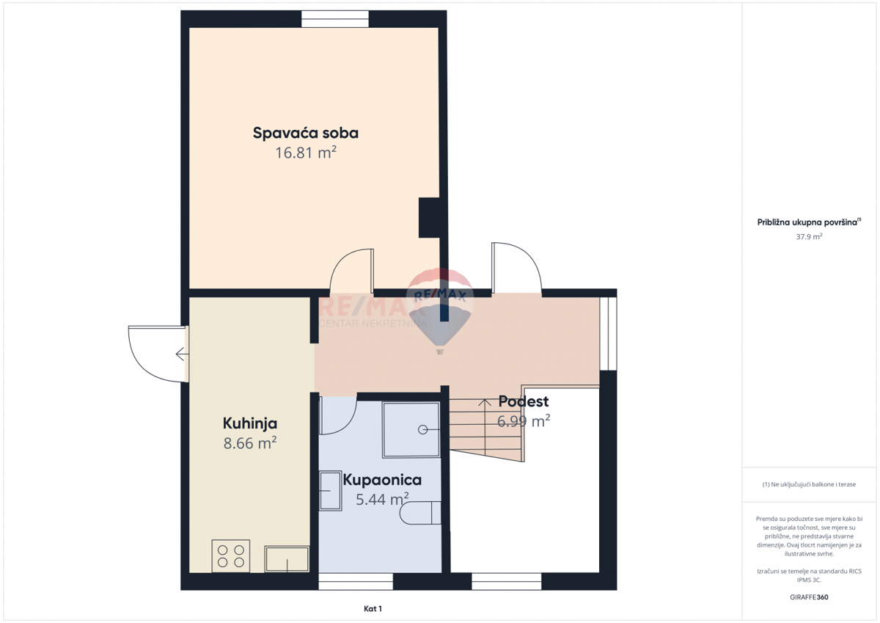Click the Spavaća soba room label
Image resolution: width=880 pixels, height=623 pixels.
click(305, 134)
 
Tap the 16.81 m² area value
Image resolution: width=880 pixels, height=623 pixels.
click(305, 153)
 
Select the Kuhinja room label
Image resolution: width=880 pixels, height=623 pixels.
click(249, 423)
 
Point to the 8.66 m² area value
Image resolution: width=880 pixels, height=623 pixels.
click(249, 442)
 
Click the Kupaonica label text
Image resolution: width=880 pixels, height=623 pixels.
click(381, 481)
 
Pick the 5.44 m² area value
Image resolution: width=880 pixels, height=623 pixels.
click(381, 500)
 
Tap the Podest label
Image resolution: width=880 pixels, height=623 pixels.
click(523, 401)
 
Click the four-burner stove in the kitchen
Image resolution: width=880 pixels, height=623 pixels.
click(230, 555)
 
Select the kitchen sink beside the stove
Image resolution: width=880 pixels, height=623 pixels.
click(287, 558)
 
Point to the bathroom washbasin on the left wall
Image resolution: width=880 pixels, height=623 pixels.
click(329, 489)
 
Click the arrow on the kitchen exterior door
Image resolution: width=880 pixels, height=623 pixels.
click(181, 355)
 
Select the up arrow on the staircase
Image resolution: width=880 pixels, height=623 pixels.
click(484, 402)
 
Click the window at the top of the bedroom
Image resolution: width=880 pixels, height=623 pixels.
click(335, 19)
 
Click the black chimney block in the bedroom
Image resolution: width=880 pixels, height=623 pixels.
click(428, 217)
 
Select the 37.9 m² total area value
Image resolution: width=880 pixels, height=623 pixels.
click(810, 237)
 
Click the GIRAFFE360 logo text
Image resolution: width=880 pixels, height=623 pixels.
click(810, 597)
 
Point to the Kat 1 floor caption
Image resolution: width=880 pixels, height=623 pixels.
click(373, 609)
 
